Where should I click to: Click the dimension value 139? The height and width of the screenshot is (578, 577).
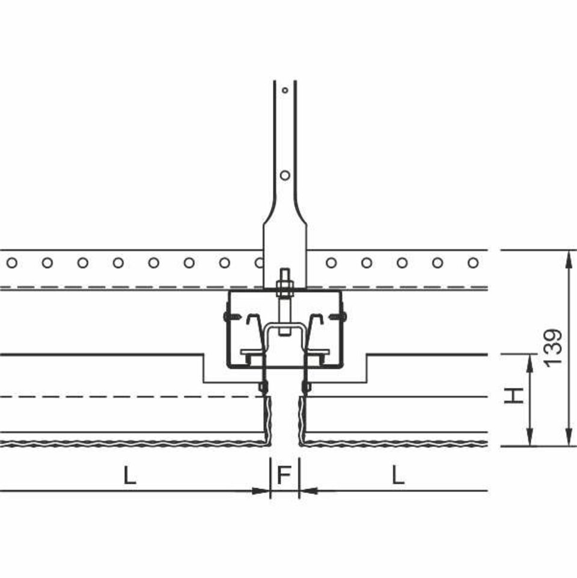[x=554, y=348]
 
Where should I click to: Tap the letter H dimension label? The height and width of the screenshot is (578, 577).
[x=514, y=395]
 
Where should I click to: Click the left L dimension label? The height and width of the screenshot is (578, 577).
[x=130, y=475]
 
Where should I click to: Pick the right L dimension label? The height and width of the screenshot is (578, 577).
[x=398, y=475]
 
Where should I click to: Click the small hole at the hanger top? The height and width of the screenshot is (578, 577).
[x=285, y=90]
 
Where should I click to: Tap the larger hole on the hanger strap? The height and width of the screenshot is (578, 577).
[x=285, y=175]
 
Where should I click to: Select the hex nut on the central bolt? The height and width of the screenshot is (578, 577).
[x=284, y=285]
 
